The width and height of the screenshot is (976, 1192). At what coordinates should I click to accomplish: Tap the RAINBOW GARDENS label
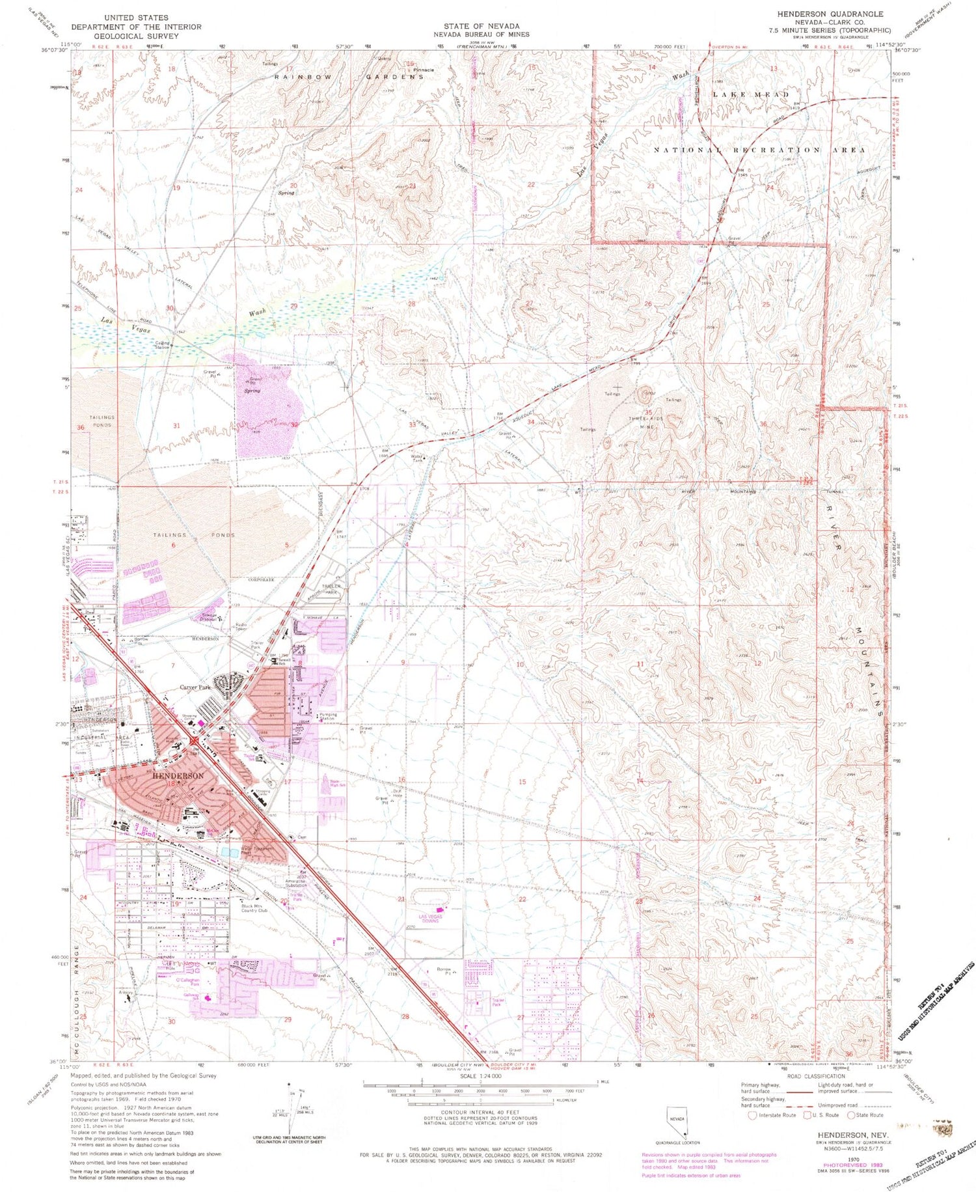[349, 77]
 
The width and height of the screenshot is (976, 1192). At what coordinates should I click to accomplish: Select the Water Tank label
[417, 458]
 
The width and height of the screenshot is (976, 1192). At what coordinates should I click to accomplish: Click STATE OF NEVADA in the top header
[482, 26]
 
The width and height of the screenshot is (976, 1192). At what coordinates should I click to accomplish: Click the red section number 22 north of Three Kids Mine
[531, 185]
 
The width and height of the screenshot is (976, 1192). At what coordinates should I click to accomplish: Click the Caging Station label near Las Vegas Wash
[162, 344]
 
